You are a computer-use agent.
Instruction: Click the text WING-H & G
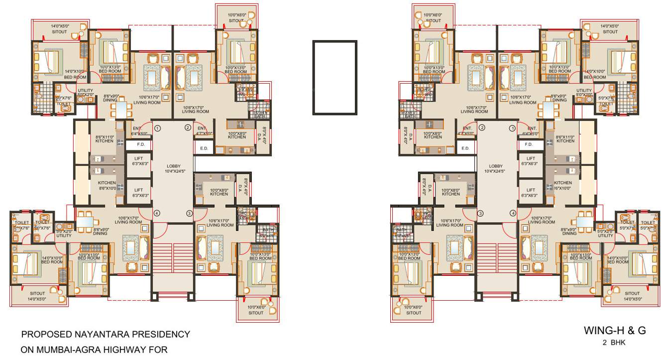(615, 331)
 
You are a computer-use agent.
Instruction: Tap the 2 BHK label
(614, 343)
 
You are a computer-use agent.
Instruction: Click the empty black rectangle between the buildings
(334, 77)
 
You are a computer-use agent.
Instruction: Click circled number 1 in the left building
(157, 128)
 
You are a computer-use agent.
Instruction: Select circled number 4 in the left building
(157, 214)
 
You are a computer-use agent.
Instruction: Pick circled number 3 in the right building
(480, 214)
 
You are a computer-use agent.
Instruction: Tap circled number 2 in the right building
(481, 128)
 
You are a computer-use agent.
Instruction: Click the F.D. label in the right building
(528, 144)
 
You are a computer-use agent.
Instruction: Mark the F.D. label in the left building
(141, 144)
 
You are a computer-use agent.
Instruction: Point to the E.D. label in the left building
(204, 148)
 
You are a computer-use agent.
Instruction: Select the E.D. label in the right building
(465, 148)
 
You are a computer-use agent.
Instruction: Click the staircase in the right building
(495, 259)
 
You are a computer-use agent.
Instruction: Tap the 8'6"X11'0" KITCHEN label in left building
(105, 138)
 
